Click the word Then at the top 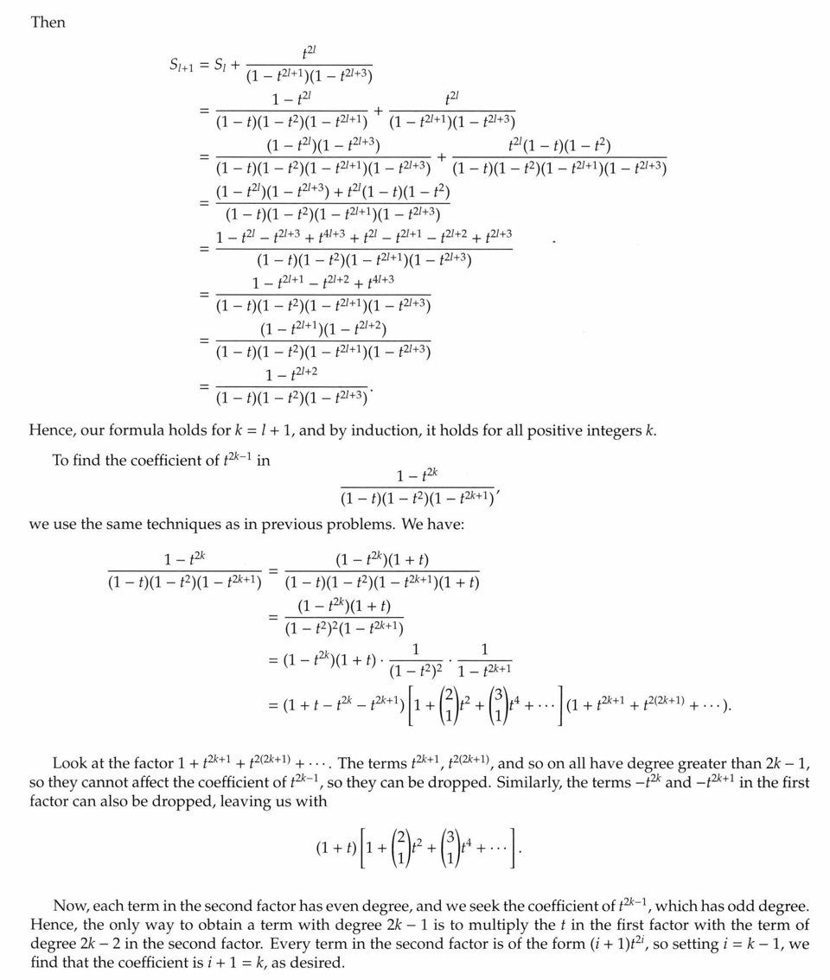(48, 22)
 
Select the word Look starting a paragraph (69, 763)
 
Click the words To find (79, 460)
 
